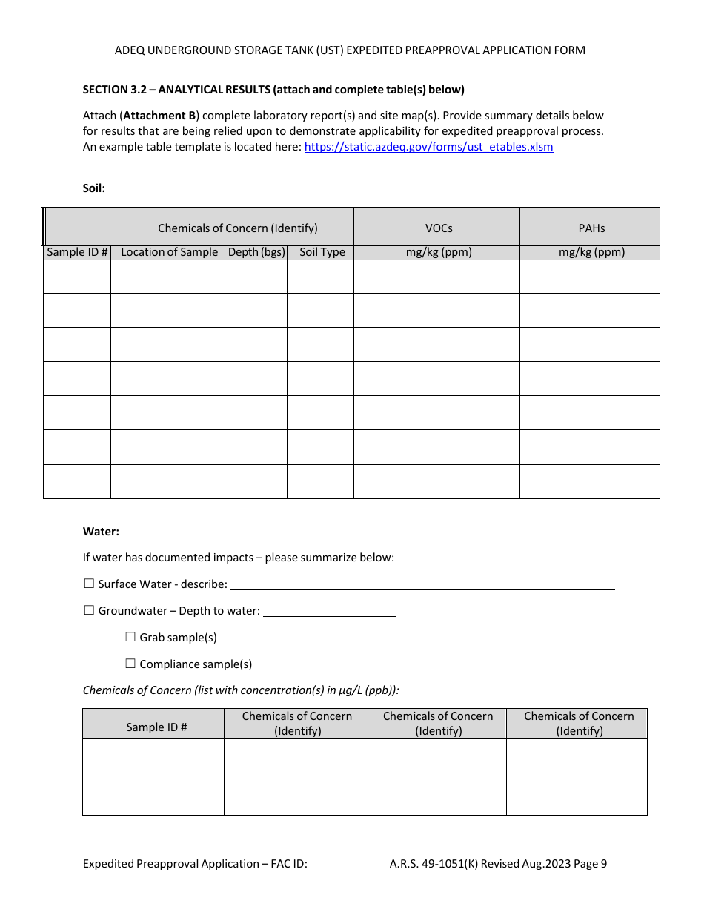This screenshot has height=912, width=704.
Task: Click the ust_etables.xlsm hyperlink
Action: [428, 147]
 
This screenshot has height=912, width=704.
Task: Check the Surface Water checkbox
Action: [89, 584]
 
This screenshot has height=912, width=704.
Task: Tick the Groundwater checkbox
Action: [89, 611]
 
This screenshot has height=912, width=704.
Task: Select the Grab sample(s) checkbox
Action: [130, 637]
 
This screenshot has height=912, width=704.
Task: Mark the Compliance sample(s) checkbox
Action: [130, 664]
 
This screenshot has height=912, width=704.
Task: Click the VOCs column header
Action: [438, 228]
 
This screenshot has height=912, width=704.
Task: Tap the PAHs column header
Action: [591, 228]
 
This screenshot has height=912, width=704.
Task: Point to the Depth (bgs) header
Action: [256, 252]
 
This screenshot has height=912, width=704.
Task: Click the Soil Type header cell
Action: [322, 252]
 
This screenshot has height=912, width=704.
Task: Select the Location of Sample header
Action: [169, 252]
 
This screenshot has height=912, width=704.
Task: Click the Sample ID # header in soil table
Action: [77, 252]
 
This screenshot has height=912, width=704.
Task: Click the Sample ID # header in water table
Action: [156, 727]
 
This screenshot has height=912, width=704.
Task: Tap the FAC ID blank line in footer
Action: [348, 864]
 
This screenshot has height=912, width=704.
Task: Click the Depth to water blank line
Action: [329, 611]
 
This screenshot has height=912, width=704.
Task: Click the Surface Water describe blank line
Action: [422, 584]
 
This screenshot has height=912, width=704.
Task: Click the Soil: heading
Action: [94, 188]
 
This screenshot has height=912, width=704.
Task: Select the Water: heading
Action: [101, 532]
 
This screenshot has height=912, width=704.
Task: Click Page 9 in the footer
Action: [590, 864]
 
